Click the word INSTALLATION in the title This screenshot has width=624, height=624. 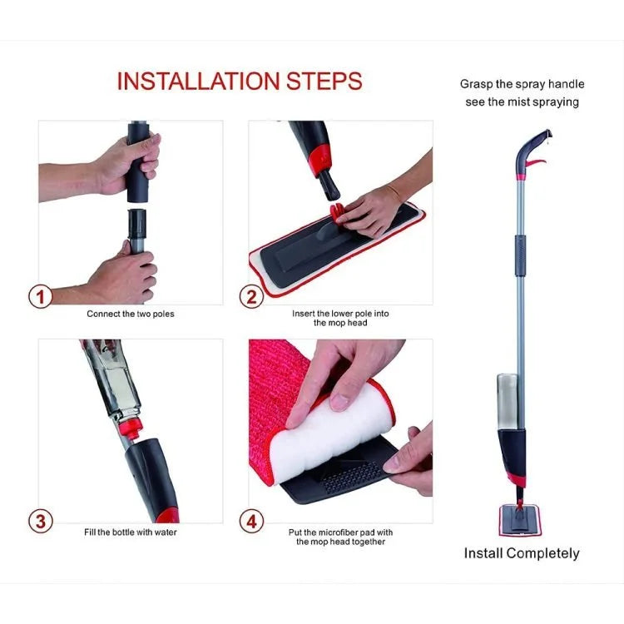199,82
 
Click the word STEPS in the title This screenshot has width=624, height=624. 324,82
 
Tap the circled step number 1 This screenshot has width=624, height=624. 40,296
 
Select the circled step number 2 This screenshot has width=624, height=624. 251,297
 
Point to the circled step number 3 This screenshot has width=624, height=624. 40,521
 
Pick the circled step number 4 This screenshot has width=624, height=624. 251,521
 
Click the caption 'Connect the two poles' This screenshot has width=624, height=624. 131,314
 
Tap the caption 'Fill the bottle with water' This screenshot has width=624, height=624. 131,532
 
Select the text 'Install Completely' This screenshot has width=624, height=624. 522,553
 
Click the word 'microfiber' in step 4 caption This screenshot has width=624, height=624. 339,532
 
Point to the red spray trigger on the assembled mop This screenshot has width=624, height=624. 536,163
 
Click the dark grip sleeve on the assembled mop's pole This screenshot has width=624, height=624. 520,255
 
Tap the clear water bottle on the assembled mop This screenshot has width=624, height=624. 507,401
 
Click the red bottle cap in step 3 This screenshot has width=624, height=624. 130,428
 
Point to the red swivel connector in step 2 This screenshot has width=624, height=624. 338,213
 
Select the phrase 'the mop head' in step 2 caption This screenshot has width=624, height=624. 340,323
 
